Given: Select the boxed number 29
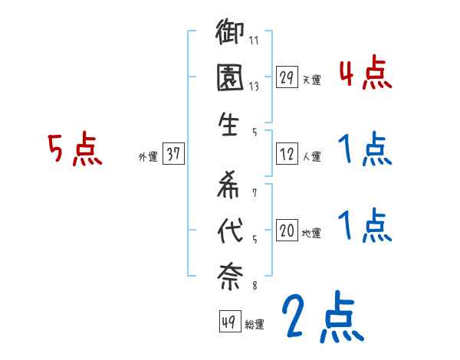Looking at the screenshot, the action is point(287,77).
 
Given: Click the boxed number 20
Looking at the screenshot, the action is point(287,231).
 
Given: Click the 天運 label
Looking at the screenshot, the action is point(311,79).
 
